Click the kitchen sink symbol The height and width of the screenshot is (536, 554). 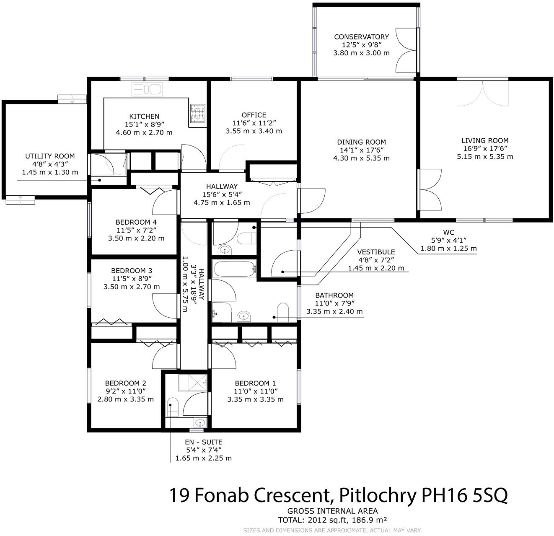pyautogui.click(x=147, y=89)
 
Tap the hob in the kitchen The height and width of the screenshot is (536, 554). pyautogui.click(x=198, y=113)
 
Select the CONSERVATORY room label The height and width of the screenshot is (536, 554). pyautogui.click(x=361, y=37)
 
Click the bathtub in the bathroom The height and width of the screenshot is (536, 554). pyautogui.click(x=235, y=269)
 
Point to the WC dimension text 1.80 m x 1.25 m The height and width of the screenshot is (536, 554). pyautogui.click(x=448, y=248)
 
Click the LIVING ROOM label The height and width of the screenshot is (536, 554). pyautogui.click(x=485, y=140)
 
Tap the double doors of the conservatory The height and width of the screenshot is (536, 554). pyautogui.click(x=406, y=50)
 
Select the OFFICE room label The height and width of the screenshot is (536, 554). pyautogui.click(x=254, y=115)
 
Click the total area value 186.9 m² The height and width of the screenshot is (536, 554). pyautogui.click(x=369, y=520)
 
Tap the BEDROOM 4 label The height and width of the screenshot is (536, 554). pyautogui.click(x=136, y=222)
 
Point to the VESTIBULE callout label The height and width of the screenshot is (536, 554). pyautogui.click(x=376, y=252)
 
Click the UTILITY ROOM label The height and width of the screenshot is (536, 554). pyautogui.click(x=50, y=156)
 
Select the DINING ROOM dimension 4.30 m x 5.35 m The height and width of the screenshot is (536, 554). pyautogui.click(x=361, y=158)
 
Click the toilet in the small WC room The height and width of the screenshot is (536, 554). pyautogui.click(x=247, y=238)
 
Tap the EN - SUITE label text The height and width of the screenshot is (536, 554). pyautogui.click(x=203, y=442)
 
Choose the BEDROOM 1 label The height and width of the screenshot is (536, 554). pyautogui.click(x=255, y=383)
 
